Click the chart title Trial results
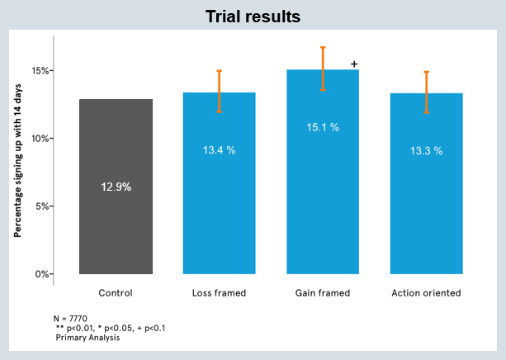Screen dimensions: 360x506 (x=253, y=16)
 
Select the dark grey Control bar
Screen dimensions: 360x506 (x=116, y=231)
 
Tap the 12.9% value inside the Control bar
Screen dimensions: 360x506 (x=116, y=187)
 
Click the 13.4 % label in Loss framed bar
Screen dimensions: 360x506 (x=220, y=151)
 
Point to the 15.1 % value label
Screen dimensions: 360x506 (x=323, y=128)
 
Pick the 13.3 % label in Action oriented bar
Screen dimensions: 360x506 (x=427, y=151)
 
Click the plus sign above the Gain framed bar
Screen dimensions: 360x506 (x=354, y=64)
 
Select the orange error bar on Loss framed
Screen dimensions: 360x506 (x=220, y=91)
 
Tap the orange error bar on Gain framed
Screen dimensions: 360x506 (x=323, y=69)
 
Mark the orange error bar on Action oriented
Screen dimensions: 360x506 (x=427, y=92)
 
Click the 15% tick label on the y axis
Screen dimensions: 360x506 (x=39, y=70)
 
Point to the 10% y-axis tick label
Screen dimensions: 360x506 (x=39, y=138)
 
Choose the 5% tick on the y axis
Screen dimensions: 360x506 (x=41, y=206)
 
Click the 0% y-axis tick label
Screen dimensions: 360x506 (x=41, y=274)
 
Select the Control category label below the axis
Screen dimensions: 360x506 (x=116, y=292)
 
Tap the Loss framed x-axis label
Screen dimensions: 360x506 (x=220, y=292)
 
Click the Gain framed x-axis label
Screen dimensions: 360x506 (x=323, y=292)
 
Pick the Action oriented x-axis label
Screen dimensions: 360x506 (x=427, y=292)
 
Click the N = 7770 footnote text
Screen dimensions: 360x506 (x=74, y=318)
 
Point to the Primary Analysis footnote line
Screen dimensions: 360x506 (x=87, y=338)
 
